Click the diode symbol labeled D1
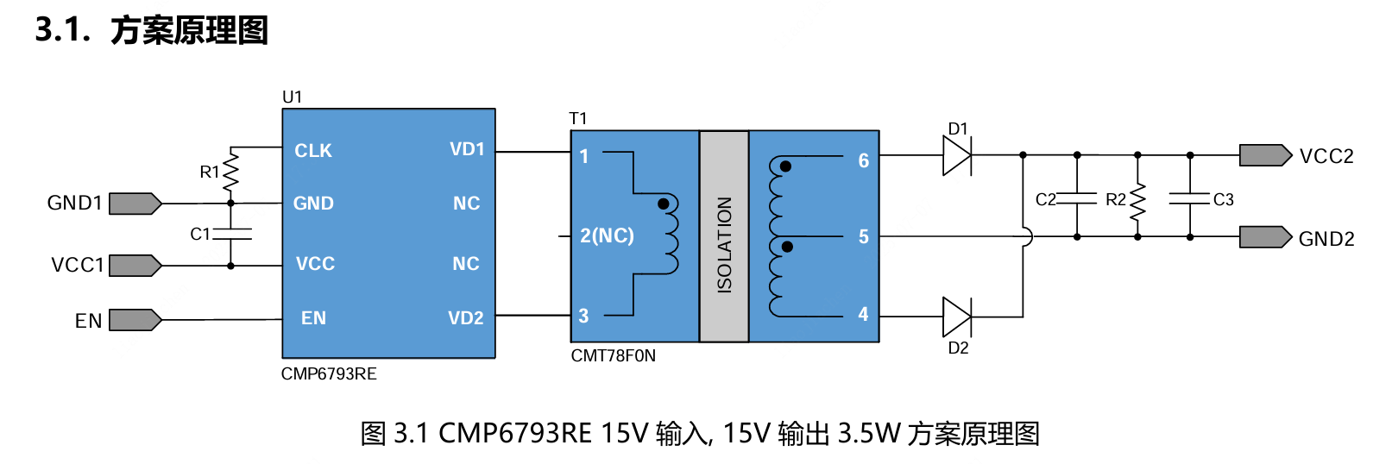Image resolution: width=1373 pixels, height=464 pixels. (x=956, y=156)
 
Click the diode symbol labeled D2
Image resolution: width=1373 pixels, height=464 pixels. (x=956, y=317)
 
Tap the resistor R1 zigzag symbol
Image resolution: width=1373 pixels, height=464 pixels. (x=230, y=173)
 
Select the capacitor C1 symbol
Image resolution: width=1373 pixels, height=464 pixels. (x=230, y=234)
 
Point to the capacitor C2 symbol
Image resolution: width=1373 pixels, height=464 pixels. (x=1076, y=199)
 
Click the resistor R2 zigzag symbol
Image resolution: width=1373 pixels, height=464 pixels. (x=1137, y=201)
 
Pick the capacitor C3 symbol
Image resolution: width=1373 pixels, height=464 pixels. (x=1189, y=199)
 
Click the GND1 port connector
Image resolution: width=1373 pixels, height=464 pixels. (x=135, y=204)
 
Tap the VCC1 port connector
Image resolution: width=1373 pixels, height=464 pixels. (x=135, y=265)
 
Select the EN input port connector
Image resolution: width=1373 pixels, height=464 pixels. (x=135, y=320)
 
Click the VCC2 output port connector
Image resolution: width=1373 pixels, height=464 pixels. (x=1265, y=155)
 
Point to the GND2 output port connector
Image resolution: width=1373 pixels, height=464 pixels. (x=1265, y=237)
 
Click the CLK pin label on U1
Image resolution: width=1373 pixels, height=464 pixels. (x=312, y=151)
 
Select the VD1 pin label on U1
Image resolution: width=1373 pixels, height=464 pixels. (x=466, y=149)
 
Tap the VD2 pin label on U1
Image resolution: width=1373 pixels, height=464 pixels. (x=465, y=318)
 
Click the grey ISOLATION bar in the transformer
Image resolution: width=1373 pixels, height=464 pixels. (x=724, y=236)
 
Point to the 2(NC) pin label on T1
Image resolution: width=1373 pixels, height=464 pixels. (x=607, y=235)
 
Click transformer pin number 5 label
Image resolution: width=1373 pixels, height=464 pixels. (x=863, y=237)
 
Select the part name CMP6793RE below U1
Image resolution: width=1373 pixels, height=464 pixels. (x=329, y=373)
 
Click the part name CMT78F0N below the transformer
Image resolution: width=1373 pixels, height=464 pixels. (x=613, y=355)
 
